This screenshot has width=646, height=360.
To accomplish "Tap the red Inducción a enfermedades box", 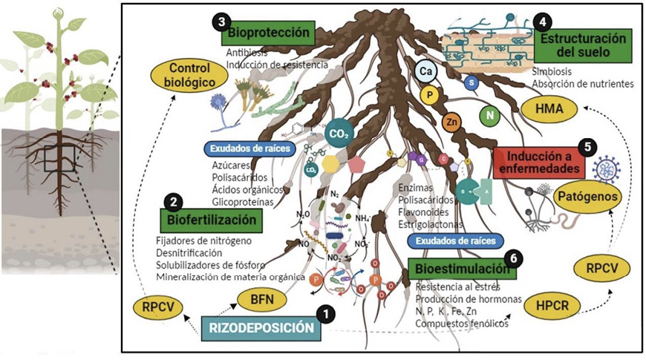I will tap(535, 162).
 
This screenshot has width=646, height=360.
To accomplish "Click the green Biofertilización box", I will tap(211, 219).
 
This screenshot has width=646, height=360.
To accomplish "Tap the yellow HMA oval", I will tap(550, 110).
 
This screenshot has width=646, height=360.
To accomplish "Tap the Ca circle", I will tap(426, 71).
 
